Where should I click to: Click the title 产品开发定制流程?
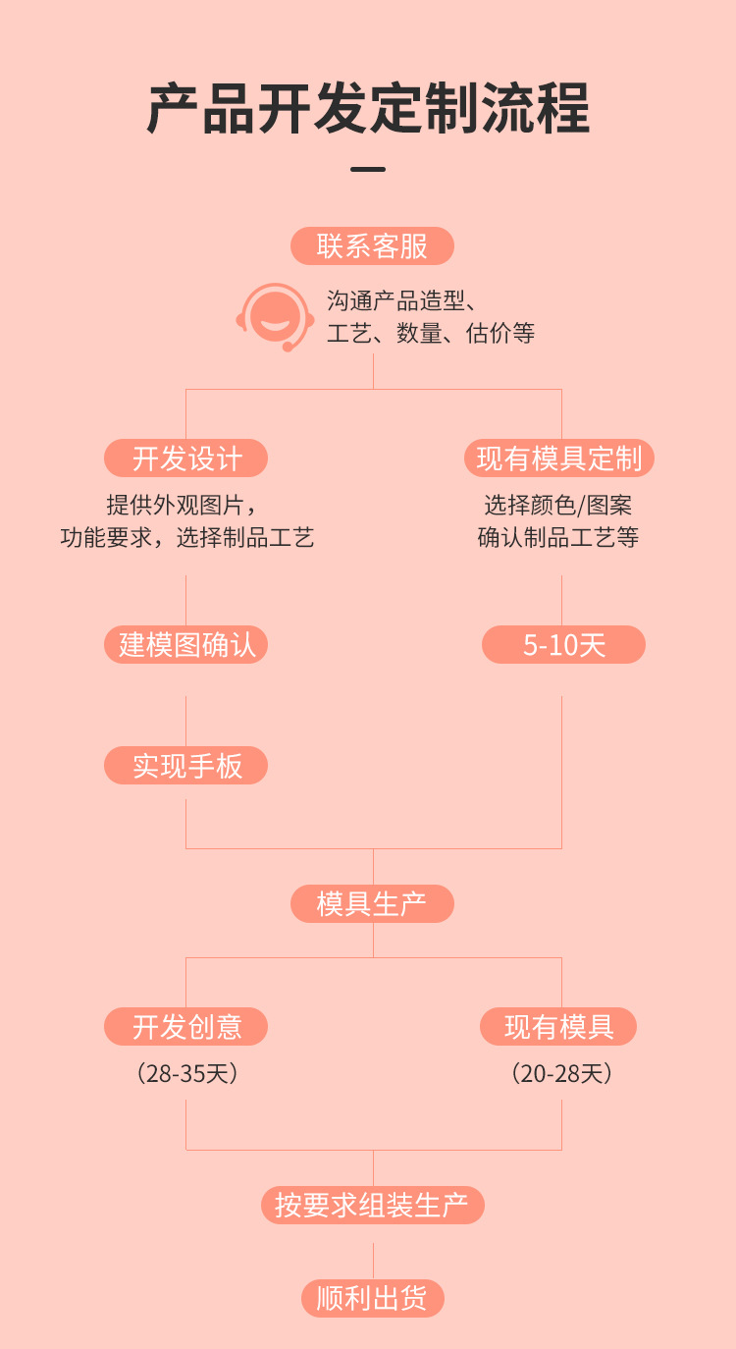coord(368,108)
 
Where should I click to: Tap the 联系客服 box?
coord(372,245)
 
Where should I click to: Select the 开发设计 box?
coord(186,458)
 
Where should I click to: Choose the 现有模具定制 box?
coord(559,458)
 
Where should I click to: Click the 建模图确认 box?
coord(186,644)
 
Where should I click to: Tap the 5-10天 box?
coord(563,644)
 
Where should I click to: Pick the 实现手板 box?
coord(186,765)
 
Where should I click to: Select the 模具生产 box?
coord(372,903)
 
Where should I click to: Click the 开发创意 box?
coord(186,1026)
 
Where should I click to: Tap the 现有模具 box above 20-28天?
coord(558,1026)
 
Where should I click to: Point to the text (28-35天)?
coord(186,1073)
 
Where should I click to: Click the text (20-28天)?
coord(561,1073)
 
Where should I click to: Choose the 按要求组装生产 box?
coord(372,1205)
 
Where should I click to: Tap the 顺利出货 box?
coord(372,1298)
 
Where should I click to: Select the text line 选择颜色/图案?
coord(558,506)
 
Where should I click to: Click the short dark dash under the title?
coord(368,170)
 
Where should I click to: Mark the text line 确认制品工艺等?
coord(558,538)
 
